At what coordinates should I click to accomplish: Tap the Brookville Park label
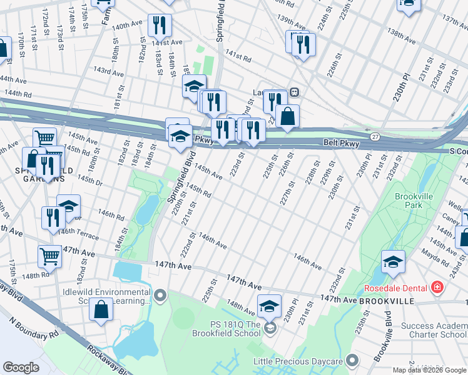(414, 200)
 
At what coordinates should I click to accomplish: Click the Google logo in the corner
(21, 367)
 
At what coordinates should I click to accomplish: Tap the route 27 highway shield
(374, 136)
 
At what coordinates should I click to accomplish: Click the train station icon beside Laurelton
(293, 92)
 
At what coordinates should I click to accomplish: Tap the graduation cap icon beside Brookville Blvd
(392, 262)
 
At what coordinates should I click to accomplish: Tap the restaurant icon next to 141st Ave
(160, 25)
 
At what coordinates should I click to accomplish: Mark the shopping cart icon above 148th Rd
(50, 256)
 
